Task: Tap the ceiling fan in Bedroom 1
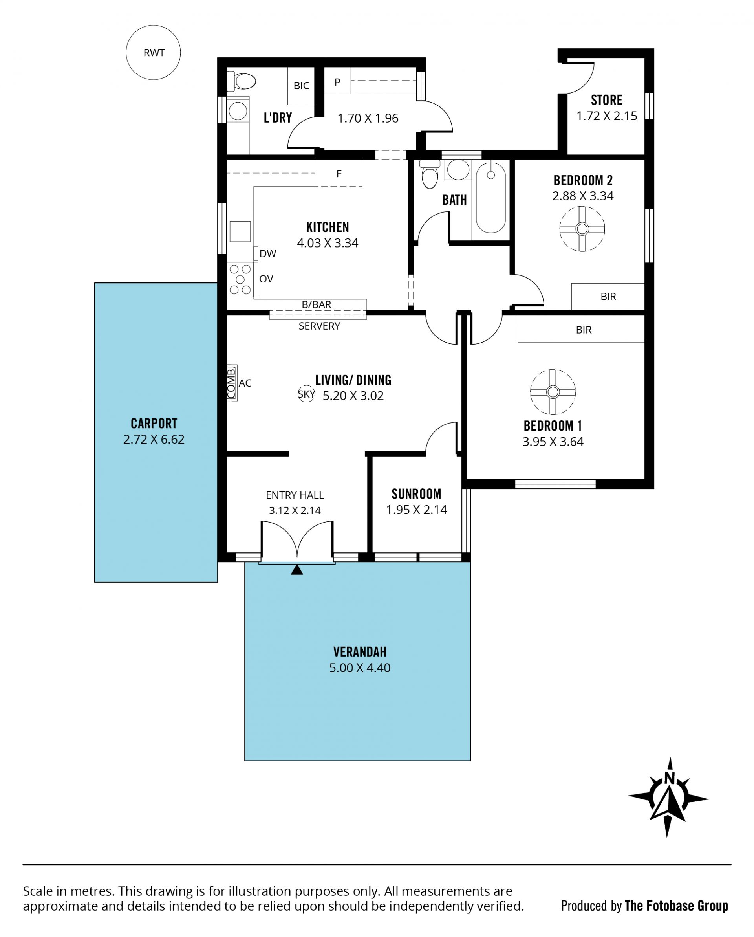(553, 392)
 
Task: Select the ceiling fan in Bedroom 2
(582, 229)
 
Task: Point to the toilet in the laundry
(242, 81)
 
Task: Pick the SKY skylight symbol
(306, 394)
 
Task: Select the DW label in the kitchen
(267, 254)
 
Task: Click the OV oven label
(266, 279)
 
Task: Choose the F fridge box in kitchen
(339, 173)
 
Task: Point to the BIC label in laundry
(302, 86)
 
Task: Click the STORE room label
(607, 101)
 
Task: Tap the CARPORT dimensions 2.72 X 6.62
(154, 439)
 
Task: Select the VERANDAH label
(360, 652)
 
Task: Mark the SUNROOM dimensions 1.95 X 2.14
(417, 510)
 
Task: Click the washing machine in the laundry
(238, 111)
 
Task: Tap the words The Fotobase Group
(676, 906)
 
